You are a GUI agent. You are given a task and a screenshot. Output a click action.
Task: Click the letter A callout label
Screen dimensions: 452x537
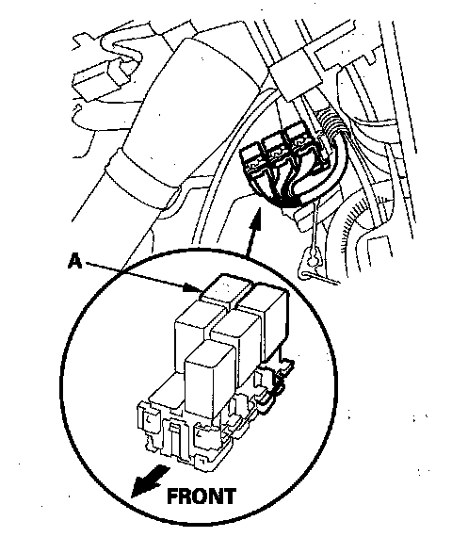(75, 261)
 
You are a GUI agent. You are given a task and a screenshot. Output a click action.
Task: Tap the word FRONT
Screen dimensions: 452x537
(202, 496)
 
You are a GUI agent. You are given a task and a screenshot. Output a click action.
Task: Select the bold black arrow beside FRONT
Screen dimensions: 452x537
(150, 480)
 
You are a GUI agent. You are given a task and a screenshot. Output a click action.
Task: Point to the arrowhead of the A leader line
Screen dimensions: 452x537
(192, 287)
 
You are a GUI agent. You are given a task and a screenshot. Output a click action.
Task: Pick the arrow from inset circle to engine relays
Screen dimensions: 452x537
(253, 232)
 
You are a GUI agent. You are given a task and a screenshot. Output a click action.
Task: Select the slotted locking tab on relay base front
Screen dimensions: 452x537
(174, 438)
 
